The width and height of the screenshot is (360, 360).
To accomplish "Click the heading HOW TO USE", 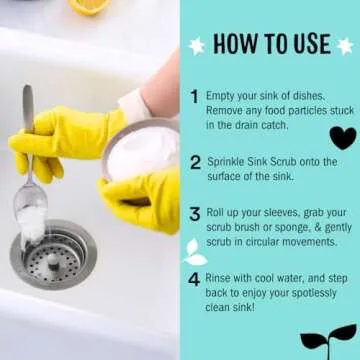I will pyautogui.click(x=271, y=44).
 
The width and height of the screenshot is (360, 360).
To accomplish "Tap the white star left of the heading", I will pyautogui.click(x=196, y=45).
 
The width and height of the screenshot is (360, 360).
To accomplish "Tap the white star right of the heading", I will pyautogui.click(x=345, y=45).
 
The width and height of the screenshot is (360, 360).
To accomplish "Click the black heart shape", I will pyautogui.click(x=342, y=137).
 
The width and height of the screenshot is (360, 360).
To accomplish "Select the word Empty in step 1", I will pyautogui.click(x=223, y=95).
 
